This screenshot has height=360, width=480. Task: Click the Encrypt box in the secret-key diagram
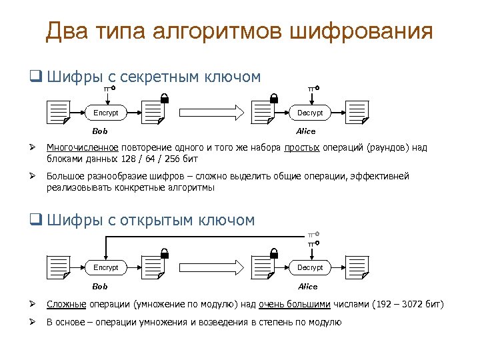pos(105,113)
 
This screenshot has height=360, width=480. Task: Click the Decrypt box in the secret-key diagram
pos(310,113)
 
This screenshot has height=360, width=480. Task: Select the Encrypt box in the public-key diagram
pos(105,267)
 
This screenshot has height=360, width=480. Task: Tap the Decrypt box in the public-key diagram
pos(310,267)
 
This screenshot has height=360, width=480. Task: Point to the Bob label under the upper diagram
pos(100,131)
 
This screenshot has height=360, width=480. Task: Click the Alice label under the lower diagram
pos(307,286)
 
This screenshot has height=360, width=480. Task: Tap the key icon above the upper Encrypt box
pos(110,88)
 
